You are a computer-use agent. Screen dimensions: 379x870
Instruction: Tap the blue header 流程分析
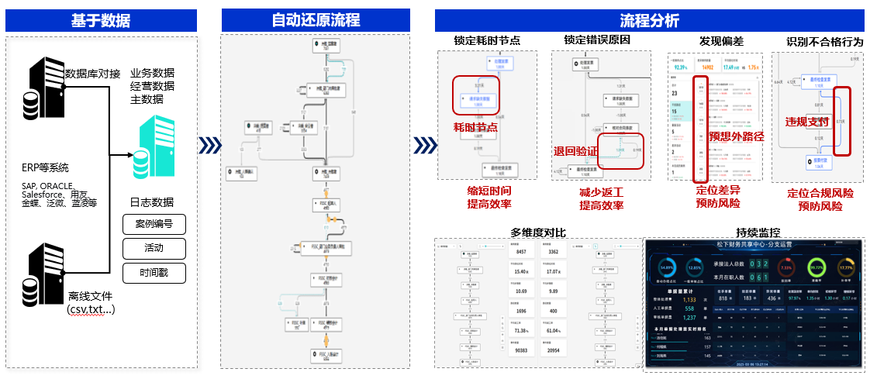pos(649,21)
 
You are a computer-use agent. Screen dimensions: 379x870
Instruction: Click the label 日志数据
pos(151,203)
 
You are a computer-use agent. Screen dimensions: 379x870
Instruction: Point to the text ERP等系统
pos(47,167)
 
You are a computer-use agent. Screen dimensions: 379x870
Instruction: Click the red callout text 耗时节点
pos(475,126)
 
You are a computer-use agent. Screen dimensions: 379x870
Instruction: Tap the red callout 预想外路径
pos(737,136)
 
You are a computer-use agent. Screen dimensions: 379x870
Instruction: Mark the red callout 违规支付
pos(807,122)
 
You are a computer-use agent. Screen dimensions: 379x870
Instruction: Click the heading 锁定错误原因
pos(596,40)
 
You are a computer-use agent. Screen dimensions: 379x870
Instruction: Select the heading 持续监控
pos(758,232)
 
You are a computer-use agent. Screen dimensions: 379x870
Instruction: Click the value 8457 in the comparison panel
pos(521,251)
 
